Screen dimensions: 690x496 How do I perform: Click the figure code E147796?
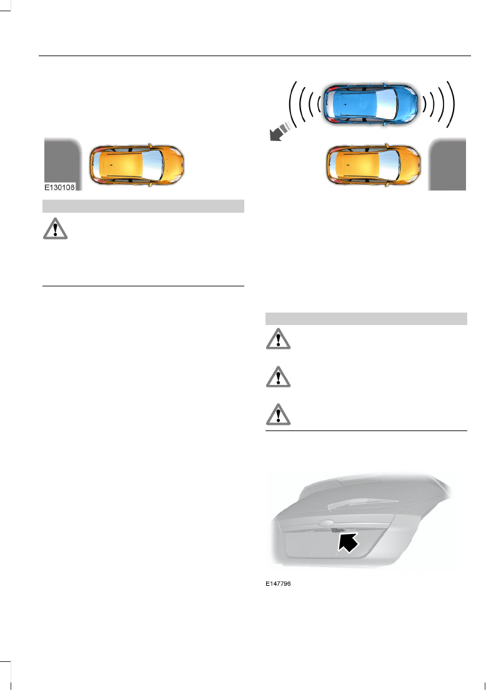pyautogui.click(x=278, y=585)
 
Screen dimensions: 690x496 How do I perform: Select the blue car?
pyautogui.click(x=368, y=104)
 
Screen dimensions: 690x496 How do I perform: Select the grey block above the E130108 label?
pyautogui.click(x=62, y=159)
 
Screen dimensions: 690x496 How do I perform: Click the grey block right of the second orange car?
pyautogui.click(x=447, y=164)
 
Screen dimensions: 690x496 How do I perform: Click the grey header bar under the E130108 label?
pyautogui.click(x=142, y=207)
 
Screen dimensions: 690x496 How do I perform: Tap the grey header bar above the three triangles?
pyautogui.click(x=367, y=319)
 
